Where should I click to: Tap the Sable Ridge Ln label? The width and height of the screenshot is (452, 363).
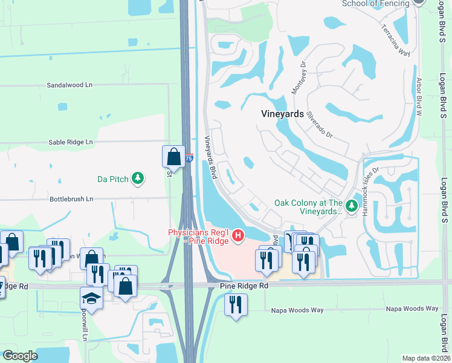(x=71, y=142)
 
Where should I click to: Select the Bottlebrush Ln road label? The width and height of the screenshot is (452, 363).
(x=71, y=198)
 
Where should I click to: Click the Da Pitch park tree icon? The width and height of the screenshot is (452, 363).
(x=139, y=178)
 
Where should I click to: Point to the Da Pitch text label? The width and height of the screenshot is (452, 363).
(x=114, y=178)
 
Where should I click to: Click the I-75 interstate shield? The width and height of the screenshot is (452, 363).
(x=189, y=158)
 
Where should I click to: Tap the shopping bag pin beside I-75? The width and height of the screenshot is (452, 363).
(x=173, y=157)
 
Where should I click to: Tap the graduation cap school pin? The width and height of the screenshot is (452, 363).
(x=91, y=298)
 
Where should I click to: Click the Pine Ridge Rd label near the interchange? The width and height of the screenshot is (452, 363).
(x=244, y=285)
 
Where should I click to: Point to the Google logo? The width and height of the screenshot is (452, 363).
(x=21, y=356)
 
